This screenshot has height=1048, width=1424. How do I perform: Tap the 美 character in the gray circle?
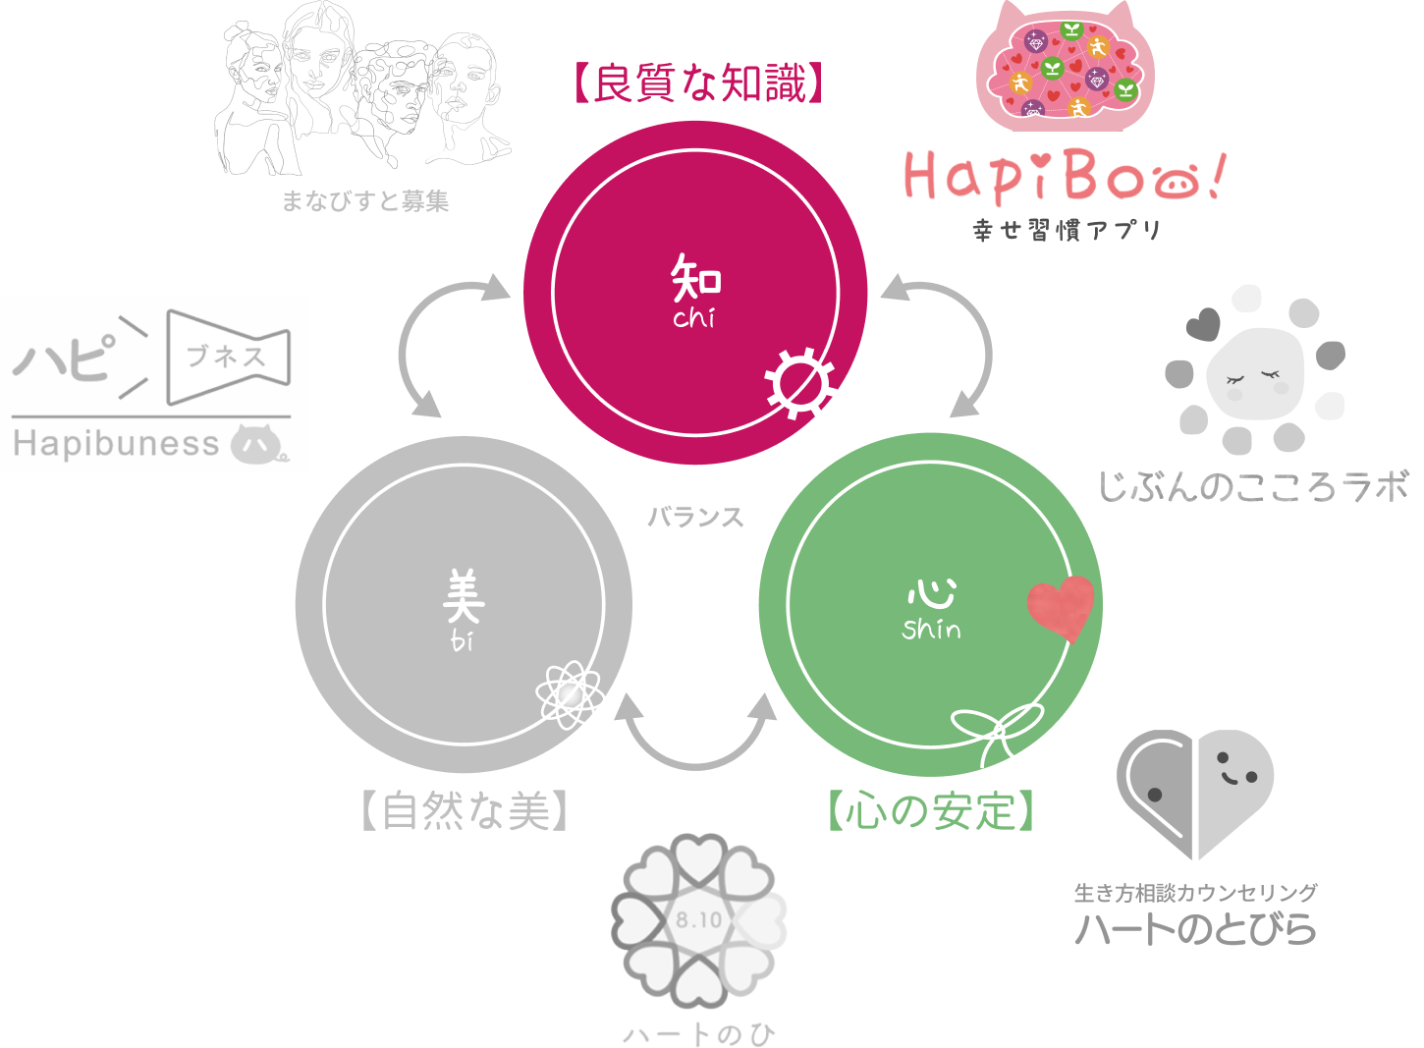pyautogui.click(x=463, y=597)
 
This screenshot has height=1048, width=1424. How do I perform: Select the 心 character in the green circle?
pyautogui.click(x=931, y=592)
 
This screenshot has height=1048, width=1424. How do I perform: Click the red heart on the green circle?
pyautogui.click(x=1061, y=607)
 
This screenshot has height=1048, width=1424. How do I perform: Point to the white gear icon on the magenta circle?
pyautogui.click(x=799, y=383)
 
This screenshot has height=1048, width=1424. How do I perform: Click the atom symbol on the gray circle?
pyautogui.click(x=570, y=694)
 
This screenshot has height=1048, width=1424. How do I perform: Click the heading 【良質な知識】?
pyautogui.click(x=696, y=83)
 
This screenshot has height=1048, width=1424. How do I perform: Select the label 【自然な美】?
pyautogui.click(x=465, y=811)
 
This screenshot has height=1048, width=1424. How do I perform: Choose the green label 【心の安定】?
pyautogui.click(x=931, y=811)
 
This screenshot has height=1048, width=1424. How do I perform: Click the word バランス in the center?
pyautogui.click(x=696, y=518)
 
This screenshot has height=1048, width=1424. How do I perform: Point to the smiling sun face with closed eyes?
pyautogui.click(x=1255, y=370)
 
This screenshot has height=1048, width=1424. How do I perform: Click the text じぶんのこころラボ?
pyautogui.click(x=1253, y=486)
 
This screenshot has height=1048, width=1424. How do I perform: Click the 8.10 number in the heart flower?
pyautogui.click(x=698, y=920)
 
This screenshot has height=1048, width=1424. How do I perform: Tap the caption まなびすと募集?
pyautogui.click(x=365, y=201)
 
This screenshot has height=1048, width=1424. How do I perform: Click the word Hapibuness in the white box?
pyautogui.click(x=116, y=444)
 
